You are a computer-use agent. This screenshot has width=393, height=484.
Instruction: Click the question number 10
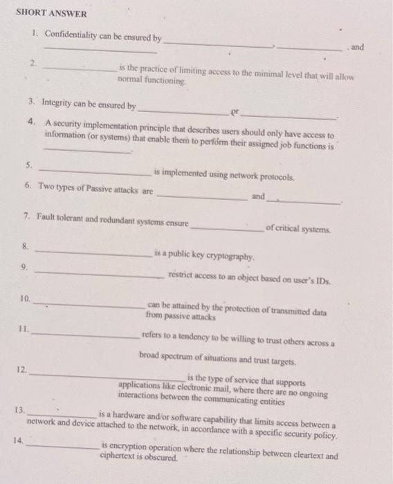click(24, 299)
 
